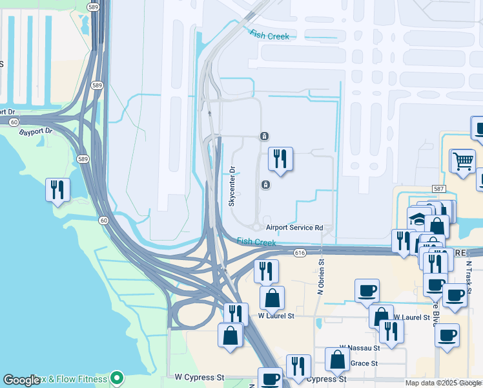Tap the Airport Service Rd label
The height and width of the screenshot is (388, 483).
click(x=294, y=228)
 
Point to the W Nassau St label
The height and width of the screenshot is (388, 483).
click(x=359, y=348)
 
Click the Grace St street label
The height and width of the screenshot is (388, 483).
click(x=364, y=363)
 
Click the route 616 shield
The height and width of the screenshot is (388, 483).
click(x=299, y=252)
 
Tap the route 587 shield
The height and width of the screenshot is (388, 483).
click(x=439, y=188)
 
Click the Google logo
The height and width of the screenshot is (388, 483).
click(x=21, y=380)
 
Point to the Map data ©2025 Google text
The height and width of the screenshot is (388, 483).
click(x=443, y=383)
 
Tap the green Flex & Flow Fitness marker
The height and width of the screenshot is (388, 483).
click(x=116, y=376)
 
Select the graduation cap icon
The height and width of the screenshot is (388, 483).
click(x=419, y=219)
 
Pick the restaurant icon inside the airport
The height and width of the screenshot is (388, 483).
click(x=280, y=158)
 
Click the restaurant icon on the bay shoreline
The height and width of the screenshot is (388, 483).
click(x=57, y=189)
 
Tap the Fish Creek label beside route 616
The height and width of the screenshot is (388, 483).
click(x=256, y=242)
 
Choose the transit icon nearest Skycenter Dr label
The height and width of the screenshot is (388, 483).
click(x=265, y=186)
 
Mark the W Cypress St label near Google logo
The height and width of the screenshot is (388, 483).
click(x=199, y=376)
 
